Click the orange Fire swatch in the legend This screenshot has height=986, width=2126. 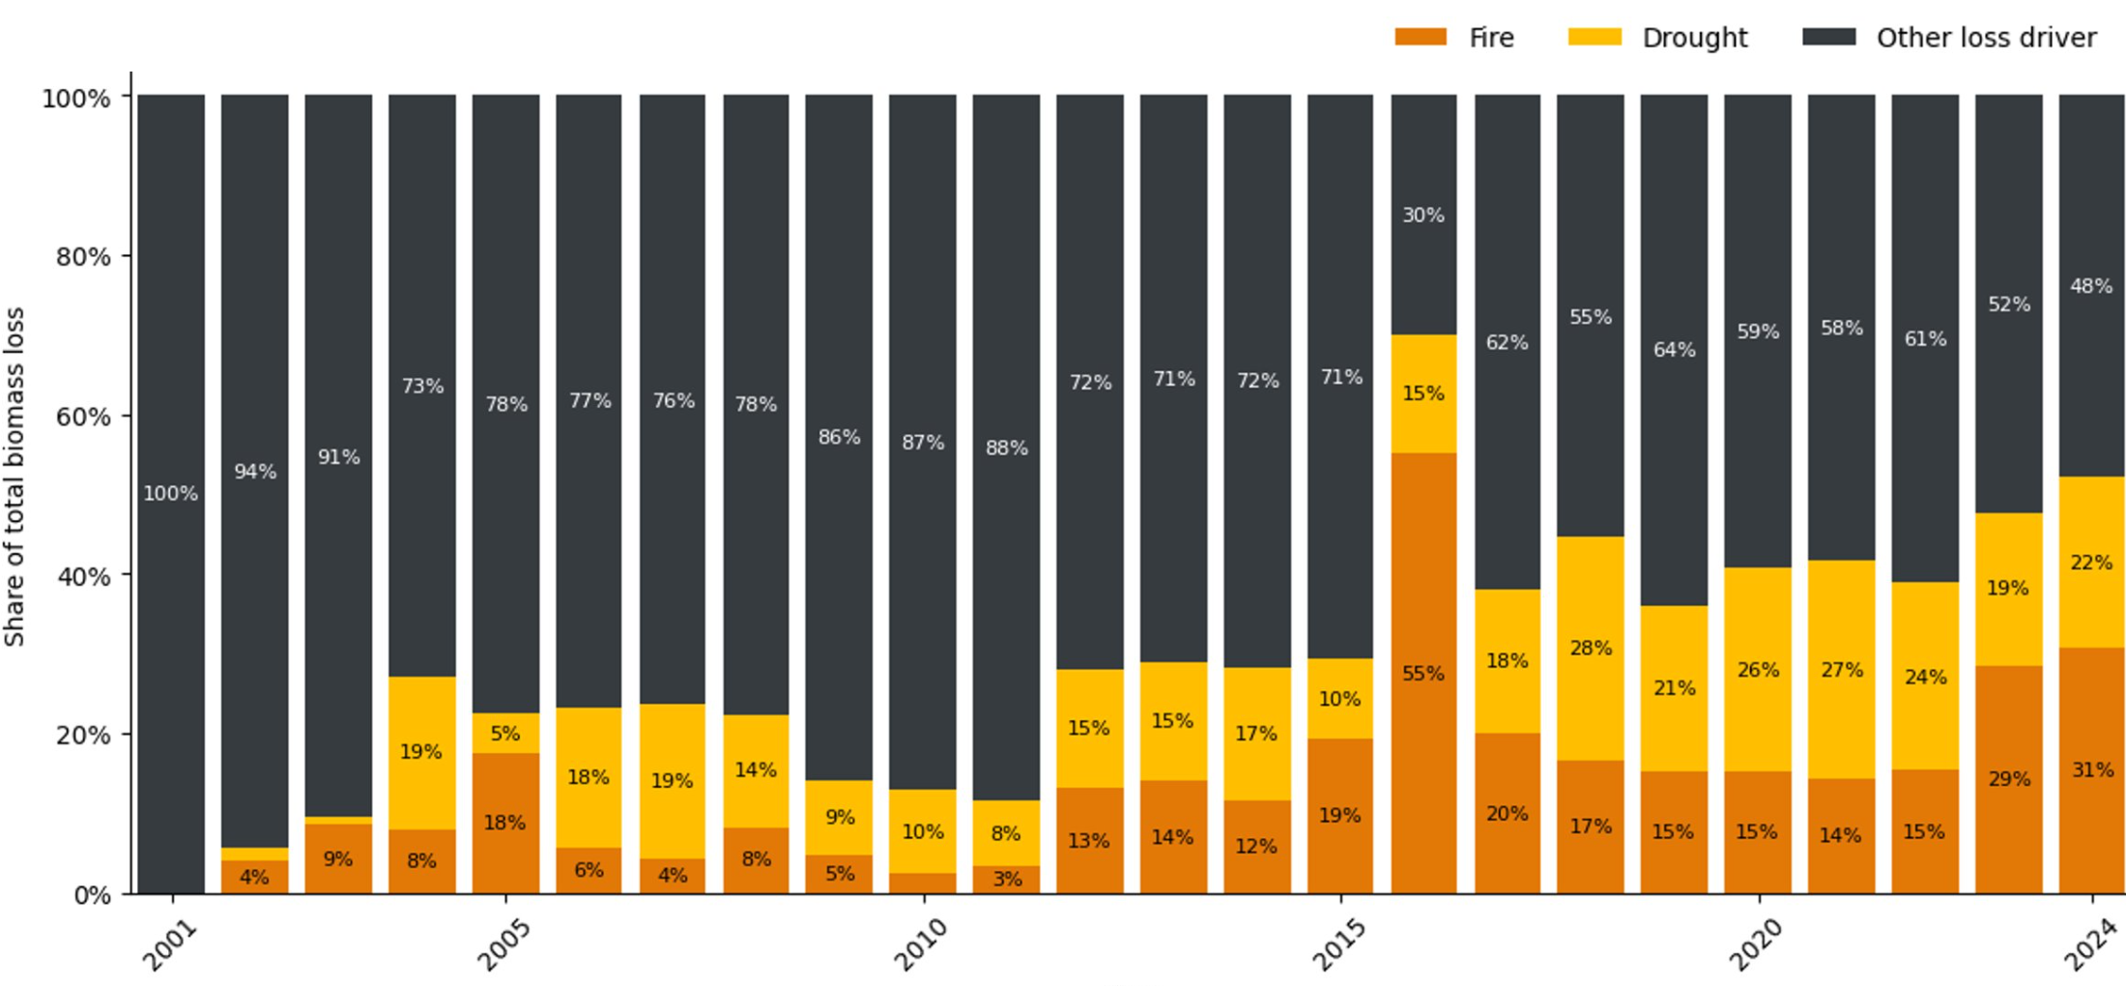(x=1420, y=37)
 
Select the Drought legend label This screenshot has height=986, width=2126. (x=1694, y=38)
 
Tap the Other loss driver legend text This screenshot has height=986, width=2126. (x=1986, y=38)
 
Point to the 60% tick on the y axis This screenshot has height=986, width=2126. (x=83, y=417)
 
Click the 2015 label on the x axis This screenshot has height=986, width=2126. (x=1339, y=943)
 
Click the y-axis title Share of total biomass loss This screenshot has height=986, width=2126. (x=14, y=477)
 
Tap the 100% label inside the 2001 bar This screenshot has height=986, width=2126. (x=170, y=494)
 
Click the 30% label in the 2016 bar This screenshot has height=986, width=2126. (x=1423, y=215)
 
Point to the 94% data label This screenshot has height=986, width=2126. (x=255, y=472)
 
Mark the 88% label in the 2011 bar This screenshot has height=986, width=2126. (x=1006, y=449)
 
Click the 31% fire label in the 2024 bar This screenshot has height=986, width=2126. (x=2091, y=770)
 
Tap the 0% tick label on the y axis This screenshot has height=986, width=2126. (x=92, y=895)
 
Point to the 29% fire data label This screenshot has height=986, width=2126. (x=2008, y=779)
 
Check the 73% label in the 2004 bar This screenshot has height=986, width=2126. (x=422, y=387)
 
